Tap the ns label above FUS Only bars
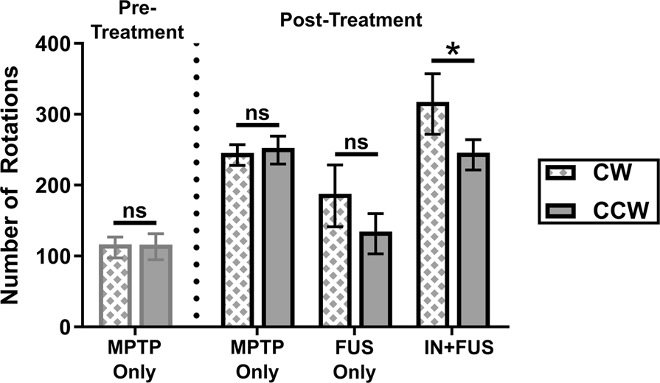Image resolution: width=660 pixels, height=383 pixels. [x=355, y=142]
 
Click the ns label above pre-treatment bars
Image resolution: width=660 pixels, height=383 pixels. [x=135, y=210]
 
